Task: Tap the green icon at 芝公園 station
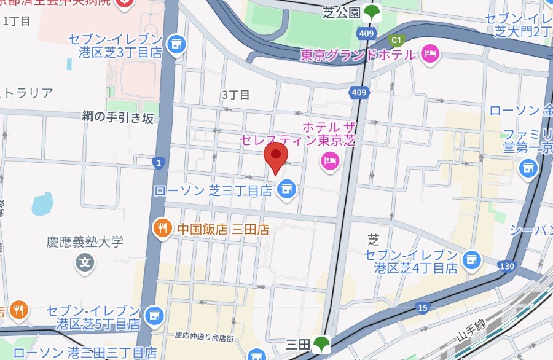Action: [371, 12]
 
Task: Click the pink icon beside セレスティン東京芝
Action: [331, 161]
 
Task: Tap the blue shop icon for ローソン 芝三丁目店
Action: [285, 190]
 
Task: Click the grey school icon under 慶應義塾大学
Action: [85, 264]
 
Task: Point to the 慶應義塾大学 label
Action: [85, 241]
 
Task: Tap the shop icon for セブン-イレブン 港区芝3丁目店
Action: [176, 44]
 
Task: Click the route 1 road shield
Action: [159, 162]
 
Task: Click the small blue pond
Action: [42, 203]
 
